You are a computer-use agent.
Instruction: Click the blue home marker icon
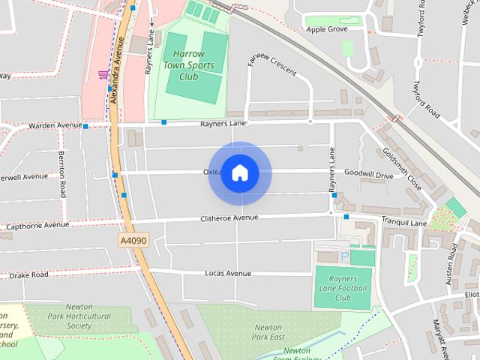239,173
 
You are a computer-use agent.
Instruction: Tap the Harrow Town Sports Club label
193,65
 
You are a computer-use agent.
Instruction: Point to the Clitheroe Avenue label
229,217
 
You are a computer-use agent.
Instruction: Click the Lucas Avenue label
228,274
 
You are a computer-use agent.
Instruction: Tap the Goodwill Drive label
368,175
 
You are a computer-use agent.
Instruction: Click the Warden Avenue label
55,125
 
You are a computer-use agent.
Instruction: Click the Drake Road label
31,275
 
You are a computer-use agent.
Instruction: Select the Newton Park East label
268,332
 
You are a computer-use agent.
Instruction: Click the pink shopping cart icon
102,74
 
